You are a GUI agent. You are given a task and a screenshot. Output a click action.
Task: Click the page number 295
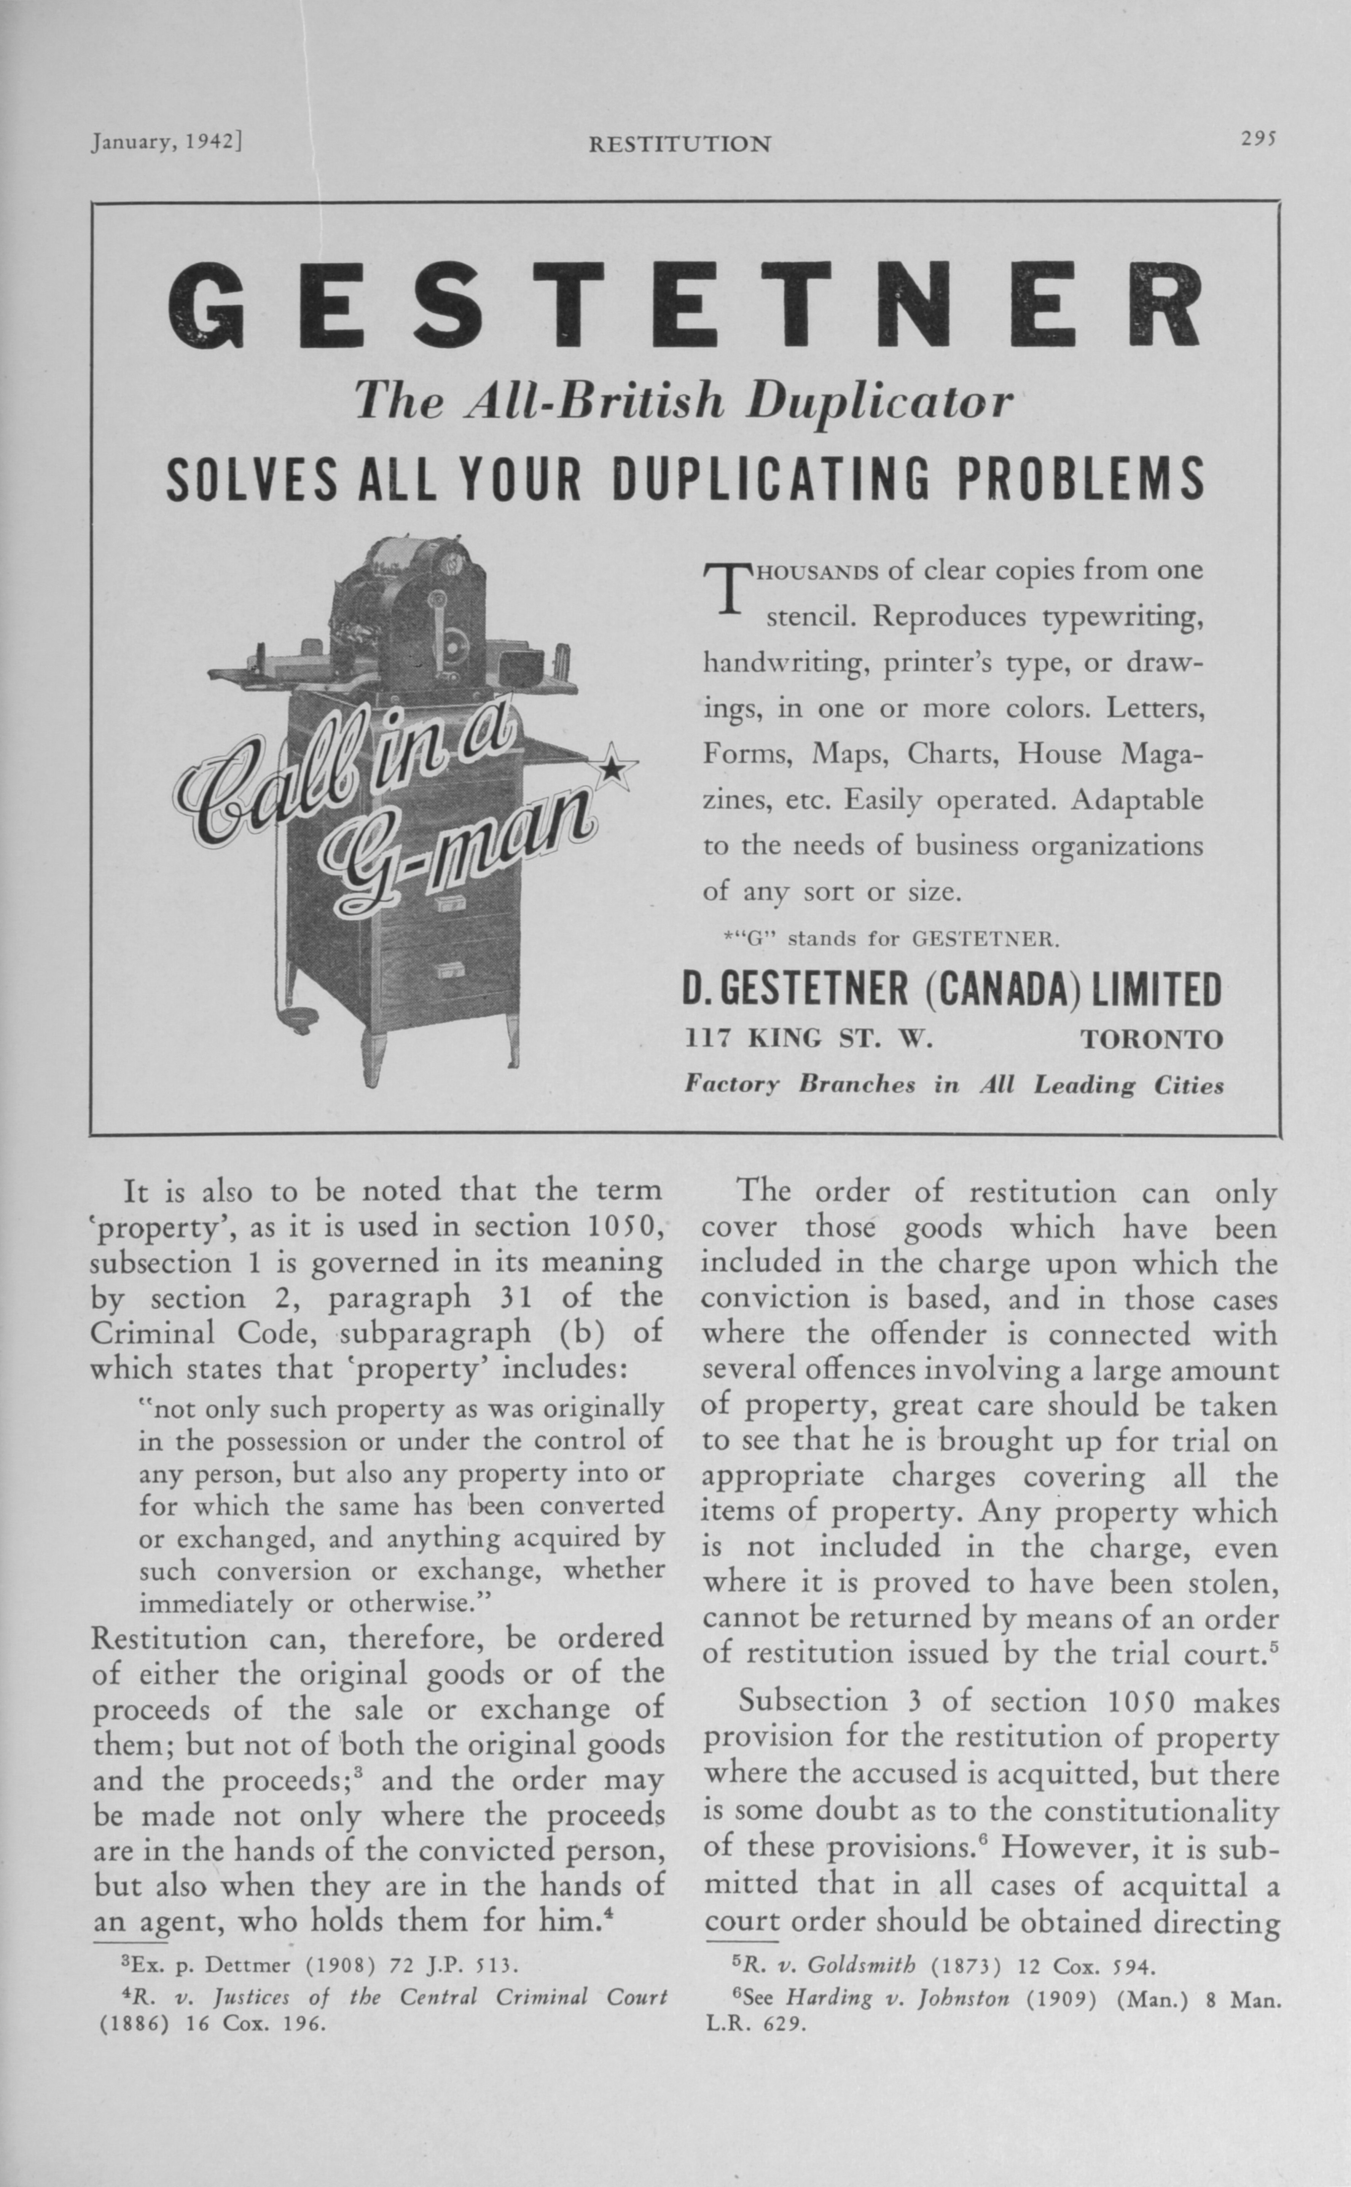pos(1260,139)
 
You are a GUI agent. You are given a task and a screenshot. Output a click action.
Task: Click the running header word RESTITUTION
pos(679,144)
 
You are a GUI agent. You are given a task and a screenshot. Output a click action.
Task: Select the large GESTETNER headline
pos(683,306)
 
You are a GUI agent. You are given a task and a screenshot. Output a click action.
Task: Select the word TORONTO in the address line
pos(1151,1039)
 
